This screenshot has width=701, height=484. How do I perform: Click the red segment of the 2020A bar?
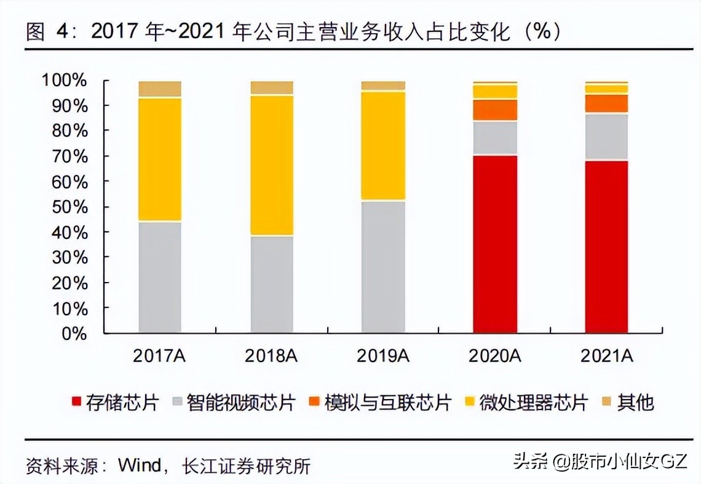pos(495,244)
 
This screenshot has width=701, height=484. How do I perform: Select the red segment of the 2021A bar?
pos(607,246)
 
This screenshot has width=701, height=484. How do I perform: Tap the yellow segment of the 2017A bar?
pos(160,159)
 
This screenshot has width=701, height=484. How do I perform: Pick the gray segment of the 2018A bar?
pos(272,284)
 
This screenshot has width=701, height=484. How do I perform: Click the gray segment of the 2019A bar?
pos(384,267)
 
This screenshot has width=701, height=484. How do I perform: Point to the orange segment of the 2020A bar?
pos(495,110)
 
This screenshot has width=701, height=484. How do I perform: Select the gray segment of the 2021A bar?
pos(607,137)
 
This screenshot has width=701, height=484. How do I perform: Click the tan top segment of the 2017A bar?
pos(160,89)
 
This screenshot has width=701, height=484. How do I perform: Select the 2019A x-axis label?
pos(383,356)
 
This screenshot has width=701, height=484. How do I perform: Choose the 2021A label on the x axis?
pos(607,356)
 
